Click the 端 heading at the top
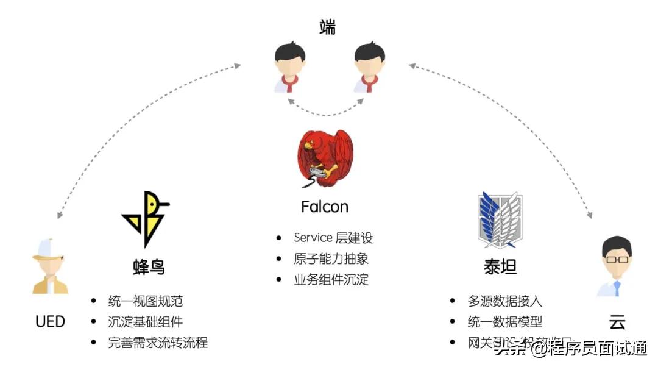pyautogui.click(x=327, y=27)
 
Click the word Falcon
pyautogui.click(x=325, y=207)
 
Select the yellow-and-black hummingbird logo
pyautogui.click(x=146, y=219)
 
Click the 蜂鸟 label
pyautogui.click(x=149, y=267)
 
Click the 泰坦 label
pyautogui.click(x=500, y=267)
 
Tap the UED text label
pyautogui.click(x=51, y=321)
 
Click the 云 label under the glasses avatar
pyautogui.click(x=617, y=322)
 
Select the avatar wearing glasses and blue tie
pyautogui.click(x=616, y=267)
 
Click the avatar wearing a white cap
pyautogui.click(x=49, y=266)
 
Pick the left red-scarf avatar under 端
pyautogui.click(x=289, y=67)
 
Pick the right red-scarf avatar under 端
pyautogui.click(x=369, y=67)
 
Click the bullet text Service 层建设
pyautogui.click(x=333, y=238)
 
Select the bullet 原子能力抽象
pyautogui.click(x=331, y=259)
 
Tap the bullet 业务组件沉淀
pyautogui.click(x=331, y=280)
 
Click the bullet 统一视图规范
pyautogui.click(x=145, y=301)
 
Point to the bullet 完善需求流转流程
pyautogui.click(x=158, y=343)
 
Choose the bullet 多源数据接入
pyautogui.click(x=504, y=301)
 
